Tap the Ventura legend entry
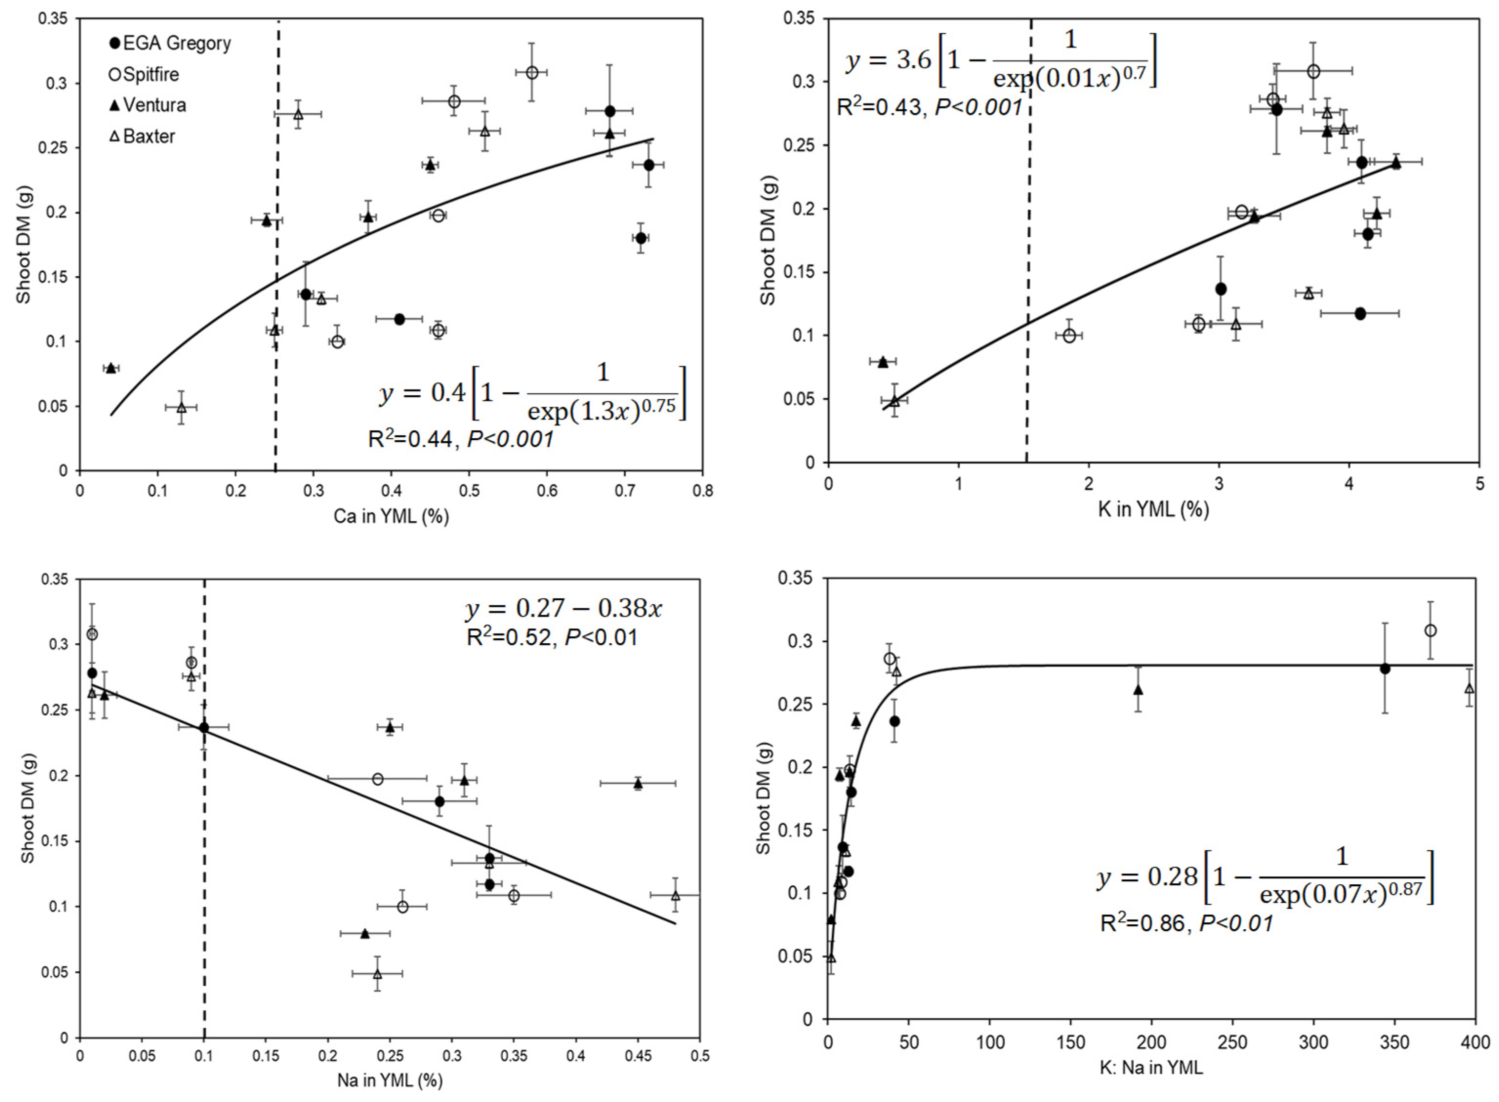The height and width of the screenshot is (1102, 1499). pos(147,105)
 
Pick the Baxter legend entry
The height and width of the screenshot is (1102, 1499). pos(142,137)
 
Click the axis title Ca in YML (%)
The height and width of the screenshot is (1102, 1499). pos(391,516)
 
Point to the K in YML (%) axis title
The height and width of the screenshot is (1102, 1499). pos(1153,510)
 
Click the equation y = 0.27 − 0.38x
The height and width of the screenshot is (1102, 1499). pos(564,609)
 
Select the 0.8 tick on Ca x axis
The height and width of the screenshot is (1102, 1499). pos(702,491)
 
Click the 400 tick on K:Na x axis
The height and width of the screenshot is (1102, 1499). pos(1474,1042)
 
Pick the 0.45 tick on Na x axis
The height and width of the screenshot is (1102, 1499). pos(638,1056)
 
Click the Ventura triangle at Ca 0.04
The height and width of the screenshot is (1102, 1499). pos(111,368)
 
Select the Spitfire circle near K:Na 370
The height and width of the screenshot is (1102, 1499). pos(1430,631)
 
